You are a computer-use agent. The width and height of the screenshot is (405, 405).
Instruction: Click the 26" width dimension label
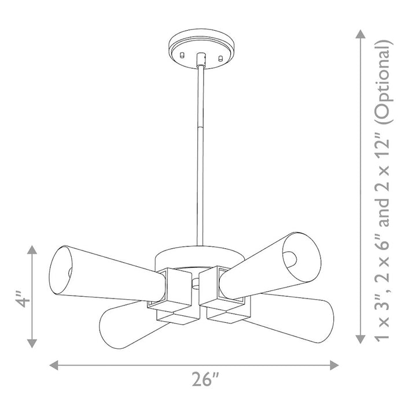pyautogui.click(x=205, y=379)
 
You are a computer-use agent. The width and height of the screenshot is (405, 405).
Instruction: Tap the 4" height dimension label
pyautogui.click(x=23, y=299)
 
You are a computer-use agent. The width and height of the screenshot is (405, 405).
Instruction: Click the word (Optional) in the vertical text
pyautogui.click(x=384, y=82)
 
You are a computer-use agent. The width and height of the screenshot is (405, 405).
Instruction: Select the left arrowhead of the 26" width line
pyautogui.click(x=53, y=365)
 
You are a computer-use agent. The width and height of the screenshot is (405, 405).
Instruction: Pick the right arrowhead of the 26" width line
pyautogui.click(x=334, y=365)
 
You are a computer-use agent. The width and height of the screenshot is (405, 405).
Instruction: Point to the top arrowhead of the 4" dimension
pyautogui.click(x=32, y=249)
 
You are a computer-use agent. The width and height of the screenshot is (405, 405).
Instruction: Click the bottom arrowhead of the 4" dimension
pyautogui.click(x=32, y=344)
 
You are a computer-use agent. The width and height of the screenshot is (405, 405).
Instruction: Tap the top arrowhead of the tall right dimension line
pyautogui.click(x=360, y=34)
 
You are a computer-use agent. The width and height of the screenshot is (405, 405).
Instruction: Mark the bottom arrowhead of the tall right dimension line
pyautogui.click(x=360, y=339)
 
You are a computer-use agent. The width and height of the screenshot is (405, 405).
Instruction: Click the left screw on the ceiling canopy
pyautogui.click(x=182, y=55)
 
